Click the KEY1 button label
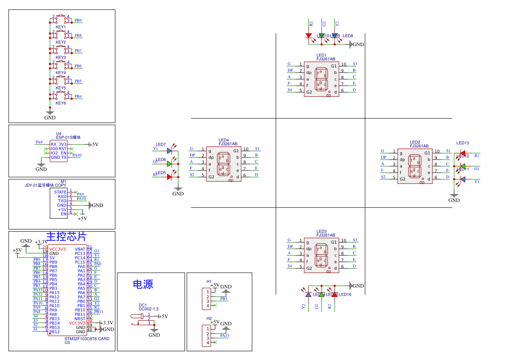pyautogui.click(x=61, y=27)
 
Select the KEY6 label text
pyautogui.click(x=61, y=103)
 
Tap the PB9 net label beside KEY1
pyautogui.click(x=78, y=20)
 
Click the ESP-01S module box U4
pyautogui.click(x=59, y=150)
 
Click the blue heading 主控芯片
pyautogui.click(x=66, y=237)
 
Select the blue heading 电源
pyautogui.click(x=143, y=285)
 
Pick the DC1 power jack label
pyautogui.click(x=143, y=305)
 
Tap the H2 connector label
pyautogui.click(x=209, y=319)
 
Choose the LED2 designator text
pyautogui.click(x=415, y=142)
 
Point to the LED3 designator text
pyautogui.click(x=322, y=231)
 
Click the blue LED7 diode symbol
pyautogui.click(x=169, y=150)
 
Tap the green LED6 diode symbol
pyautogui.click(x=169, y=164)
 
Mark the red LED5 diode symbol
pyautogui.click(x=169, y=177)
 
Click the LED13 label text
pyautogui.click(x=462, y=143)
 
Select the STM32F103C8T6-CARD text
pyautogui.click(x=86, y=338)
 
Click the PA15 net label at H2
pyautogui.click(x=224, y=336)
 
